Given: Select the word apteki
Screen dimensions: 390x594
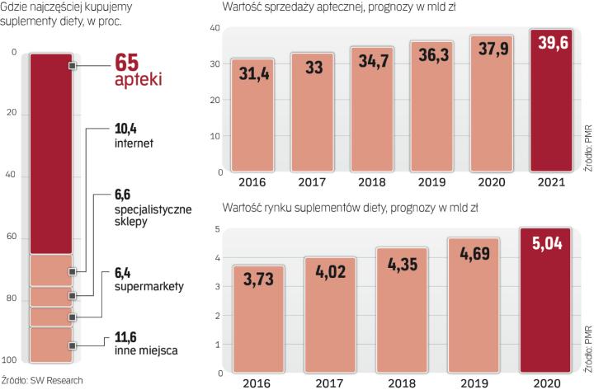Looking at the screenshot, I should pyautogui.click(x=138, y=81).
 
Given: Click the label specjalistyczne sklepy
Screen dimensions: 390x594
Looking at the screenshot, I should pyautogui.click(x=153, y=217).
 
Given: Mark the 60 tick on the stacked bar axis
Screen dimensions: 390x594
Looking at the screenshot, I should pyautogui.click(x=11, y=237).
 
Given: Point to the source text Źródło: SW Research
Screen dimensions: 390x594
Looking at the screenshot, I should pyautogui.click(x=37, y=380).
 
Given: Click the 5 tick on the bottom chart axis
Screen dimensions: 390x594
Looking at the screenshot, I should pyautogui.click(x=216, y=228).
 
